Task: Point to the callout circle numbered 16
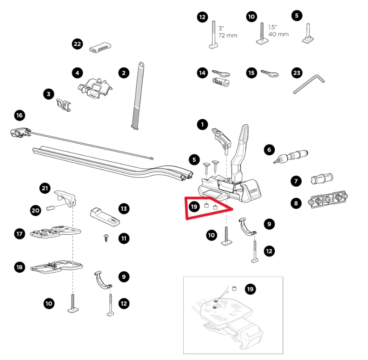point(19,115)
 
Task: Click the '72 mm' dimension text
point(228,35)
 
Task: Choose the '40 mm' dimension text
point(278,34)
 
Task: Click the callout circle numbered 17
point(19,233)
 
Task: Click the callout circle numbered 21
point(45,188)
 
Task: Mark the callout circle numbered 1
point(202,124)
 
